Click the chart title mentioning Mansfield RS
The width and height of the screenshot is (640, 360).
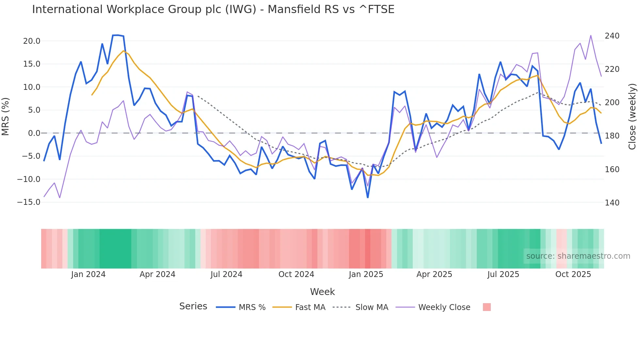(x=213, y=9)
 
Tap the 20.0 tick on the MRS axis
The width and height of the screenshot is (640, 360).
(x=32, y=41)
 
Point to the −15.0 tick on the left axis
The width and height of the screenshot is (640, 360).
(x=29, y=202)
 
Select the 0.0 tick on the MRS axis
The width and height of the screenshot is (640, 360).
(x=34, y=133)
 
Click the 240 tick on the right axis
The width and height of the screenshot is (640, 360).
(x=612, y=36)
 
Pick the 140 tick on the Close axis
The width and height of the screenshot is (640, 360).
(x=612, y=203)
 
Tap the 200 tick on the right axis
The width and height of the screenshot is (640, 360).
(x=612, y=103)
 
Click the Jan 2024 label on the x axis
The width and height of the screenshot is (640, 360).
(x=88, y=274)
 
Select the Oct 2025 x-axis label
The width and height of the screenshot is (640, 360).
(x=573, y=274)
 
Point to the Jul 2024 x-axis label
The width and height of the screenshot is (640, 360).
(x=226, y=274)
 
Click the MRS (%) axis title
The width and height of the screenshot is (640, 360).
(x=6, y=116)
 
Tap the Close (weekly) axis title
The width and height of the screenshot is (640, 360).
(x=632, y=117)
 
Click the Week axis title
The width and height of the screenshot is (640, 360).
(x=322, y=292)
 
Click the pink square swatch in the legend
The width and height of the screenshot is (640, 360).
(x=487, y=307)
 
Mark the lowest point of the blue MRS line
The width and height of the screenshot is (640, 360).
(x=368, y=197)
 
